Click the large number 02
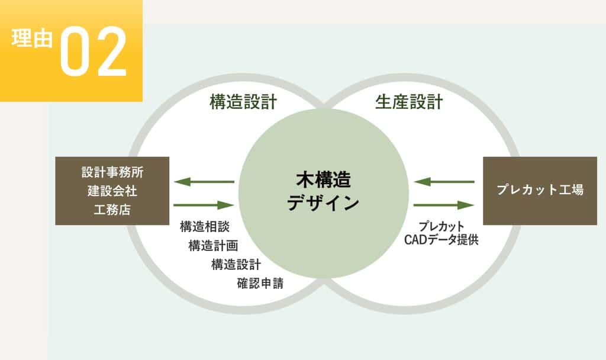tap(94, 52)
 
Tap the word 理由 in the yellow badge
tap(32, 38)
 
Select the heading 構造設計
tap(243, 102)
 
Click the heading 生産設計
tap(409, 102)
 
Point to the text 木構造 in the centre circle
tap(324, 180)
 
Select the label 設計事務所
tap(112, 172)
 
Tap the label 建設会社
tap(112, 191)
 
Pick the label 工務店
tap(112, 210)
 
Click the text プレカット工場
tap(540, 190)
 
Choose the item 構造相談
tap(205, 227)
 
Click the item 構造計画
tap(213, 246)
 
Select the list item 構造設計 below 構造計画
tap(236, 265)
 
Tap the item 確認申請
tap(260, 284)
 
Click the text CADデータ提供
tap(441, 240)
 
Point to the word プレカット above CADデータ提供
tap(441, 226)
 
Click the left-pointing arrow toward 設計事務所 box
tap(204, 181)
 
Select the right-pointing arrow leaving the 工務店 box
tap(204, 205)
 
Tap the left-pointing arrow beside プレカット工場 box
tap(444, 181)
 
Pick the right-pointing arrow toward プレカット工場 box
tap(444, 205)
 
